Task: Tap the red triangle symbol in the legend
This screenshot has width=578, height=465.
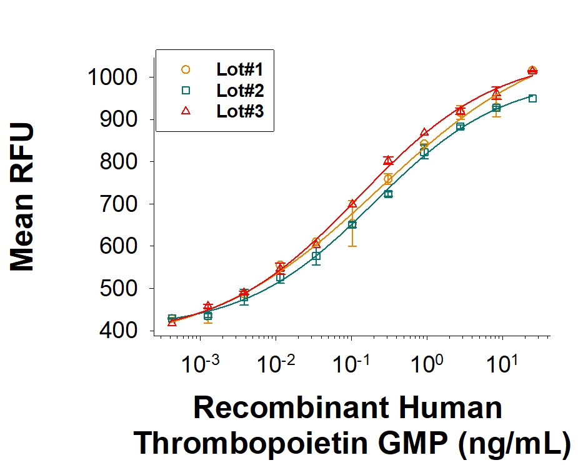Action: (186, 111)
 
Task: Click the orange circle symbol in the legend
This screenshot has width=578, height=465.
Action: (186, 69)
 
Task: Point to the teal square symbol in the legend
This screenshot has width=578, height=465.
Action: (186, 91)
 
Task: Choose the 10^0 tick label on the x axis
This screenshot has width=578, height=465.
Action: (429, 363)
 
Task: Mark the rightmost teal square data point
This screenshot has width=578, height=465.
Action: (532, 98)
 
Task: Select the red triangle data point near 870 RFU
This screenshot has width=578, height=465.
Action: (424, 132)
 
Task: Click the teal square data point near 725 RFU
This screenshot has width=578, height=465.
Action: (388, 194)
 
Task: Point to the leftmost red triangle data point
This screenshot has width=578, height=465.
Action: (172, 322)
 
